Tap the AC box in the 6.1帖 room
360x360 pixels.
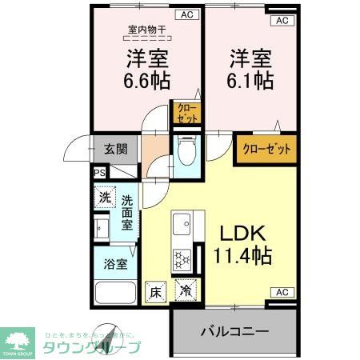[x=282, y=21]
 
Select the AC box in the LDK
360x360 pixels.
[x=282, y=292]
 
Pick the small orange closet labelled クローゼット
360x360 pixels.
[x=186, y=113]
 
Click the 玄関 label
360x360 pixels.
[x=117, y=149]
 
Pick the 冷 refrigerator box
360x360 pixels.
[x=186, y=292]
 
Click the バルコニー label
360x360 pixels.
[x=234, y=330]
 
